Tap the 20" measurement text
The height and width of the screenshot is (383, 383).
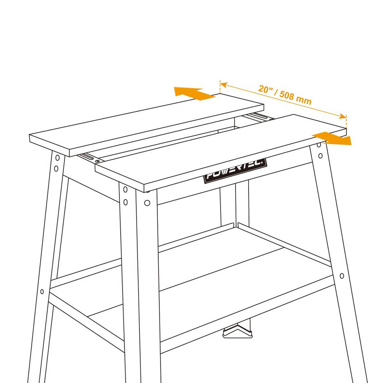coord(265,89)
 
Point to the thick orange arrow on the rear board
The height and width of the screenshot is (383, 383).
coord(194,93)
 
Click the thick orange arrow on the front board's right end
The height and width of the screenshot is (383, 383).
coord(332,139)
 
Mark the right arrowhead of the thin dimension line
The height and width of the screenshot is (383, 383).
coord(343,116)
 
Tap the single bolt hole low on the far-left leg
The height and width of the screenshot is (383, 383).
coord(42,291)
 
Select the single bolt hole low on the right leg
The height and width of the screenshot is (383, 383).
coord(342,276)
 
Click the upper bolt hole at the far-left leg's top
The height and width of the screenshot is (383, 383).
coord(57,157)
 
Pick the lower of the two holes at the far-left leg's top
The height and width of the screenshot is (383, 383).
coord(56,169)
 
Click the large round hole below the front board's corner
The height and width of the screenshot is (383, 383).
coord(147,203)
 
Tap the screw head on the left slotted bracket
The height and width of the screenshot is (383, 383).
coord(97,161)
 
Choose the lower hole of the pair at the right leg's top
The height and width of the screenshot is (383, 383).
coord(321,155)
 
